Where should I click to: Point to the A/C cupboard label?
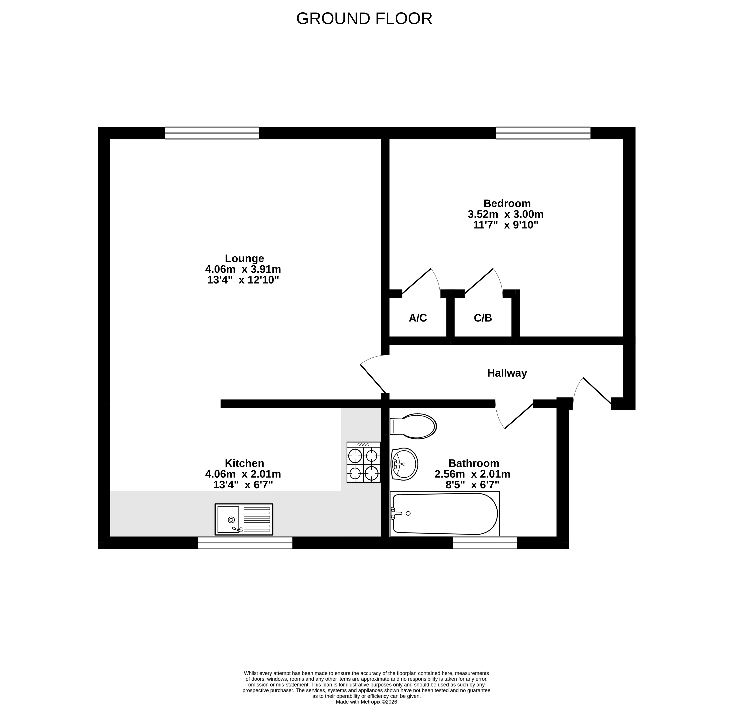[418, 318]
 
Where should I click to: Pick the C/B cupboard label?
[483, 318]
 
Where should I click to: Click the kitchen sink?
[244, 519]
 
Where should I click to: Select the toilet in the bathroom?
[413, 426]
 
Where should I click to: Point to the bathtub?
[444, 514]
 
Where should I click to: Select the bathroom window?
[485, 543]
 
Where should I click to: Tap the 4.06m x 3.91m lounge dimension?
[243, 269]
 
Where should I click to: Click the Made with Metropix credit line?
[367, 702]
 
